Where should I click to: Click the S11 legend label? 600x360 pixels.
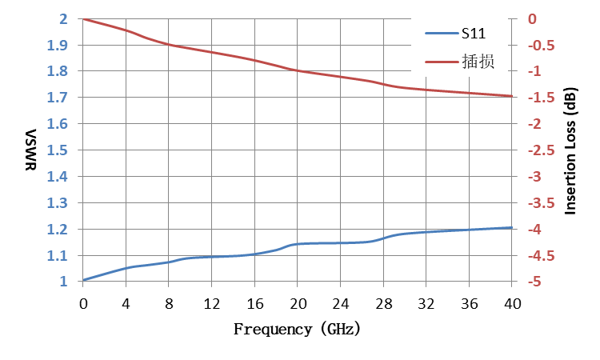coord(474,34)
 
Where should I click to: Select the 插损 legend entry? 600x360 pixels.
coord(478,62)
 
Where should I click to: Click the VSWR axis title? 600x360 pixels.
coord(30,150)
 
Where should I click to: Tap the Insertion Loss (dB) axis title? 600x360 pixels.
coord(570,151)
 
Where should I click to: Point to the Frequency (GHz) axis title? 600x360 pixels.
coord(297,329)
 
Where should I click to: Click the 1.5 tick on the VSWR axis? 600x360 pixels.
coord(57,150)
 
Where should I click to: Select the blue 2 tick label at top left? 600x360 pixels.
coord(63,18)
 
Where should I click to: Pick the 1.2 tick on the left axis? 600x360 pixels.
coord(57,229)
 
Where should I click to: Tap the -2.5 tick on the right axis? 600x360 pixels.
coord(541,150)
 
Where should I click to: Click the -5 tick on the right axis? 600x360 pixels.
coord(534,282)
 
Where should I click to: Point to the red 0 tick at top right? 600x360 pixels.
coord(532,18)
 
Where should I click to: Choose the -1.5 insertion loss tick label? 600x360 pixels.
coord(541,97)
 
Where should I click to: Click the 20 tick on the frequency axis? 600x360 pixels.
coord(298,304)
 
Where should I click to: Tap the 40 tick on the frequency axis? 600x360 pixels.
coord(512,304)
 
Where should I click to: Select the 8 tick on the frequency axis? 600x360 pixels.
coord(169,304)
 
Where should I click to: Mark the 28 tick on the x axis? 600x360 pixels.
coord(383,304)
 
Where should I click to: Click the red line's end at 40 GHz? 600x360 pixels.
coord(512,96)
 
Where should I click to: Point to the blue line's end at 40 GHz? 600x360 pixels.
coord(512,228)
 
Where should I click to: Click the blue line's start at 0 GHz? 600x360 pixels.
coord(83,281)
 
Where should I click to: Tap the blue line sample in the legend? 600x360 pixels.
coord(442,34)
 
